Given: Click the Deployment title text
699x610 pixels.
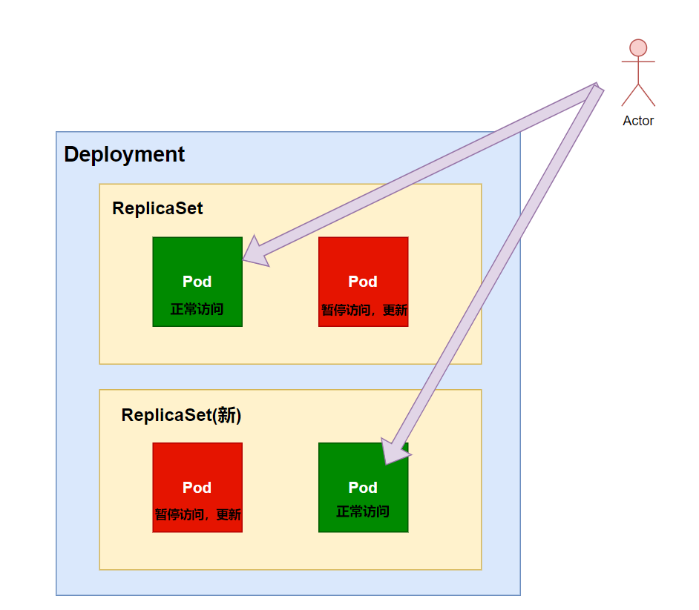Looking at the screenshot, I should (x=124, y=154).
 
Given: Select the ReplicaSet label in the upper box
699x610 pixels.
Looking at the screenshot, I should (x=157, y=208).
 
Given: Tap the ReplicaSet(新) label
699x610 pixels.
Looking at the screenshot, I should (x=181, y=415).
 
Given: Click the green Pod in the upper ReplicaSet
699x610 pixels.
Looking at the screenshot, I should (x=197, y=259).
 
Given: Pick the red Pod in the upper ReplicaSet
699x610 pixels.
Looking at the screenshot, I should (x=363, y=259).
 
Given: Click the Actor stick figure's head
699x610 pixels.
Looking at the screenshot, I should (x=638, y=48).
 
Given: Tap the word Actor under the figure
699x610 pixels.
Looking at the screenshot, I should (x=638, y=121).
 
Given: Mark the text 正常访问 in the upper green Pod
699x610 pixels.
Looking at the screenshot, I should (x=197, y=309).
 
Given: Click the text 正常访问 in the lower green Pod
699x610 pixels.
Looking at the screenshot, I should (x=362, y=511).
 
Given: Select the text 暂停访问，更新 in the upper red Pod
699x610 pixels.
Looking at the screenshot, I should (x=364, y=310).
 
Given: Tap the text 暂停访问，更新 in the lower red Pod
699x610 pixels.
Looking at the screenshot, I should (x=197, y=515).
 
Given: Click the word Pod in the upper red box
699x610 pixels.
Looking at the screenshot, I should (x=363, y=282).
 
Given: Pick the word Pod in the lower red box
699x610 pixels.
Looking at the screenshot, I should (x=197, y=487).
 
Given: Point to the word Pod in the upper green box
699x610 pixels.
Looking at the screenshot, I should (x=197, y=282).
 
